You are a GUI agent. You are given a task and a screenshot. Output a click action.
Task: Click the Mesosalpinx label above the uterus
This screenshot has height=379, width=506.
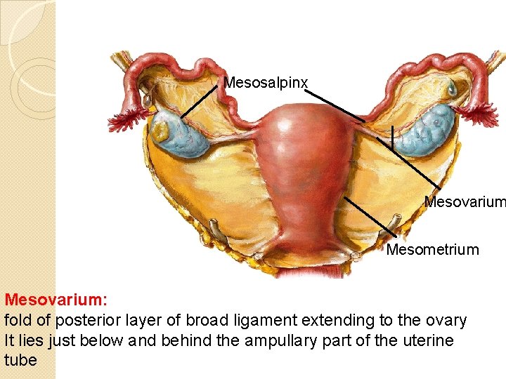pos(266,83)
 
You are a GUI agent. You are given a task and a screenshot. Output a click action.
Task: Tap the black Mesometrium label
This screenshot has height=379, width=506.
pos(432,249)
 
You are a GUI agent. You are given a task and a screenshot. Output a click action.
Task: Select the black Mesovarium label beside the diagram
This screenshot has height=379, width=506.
pos(464,202)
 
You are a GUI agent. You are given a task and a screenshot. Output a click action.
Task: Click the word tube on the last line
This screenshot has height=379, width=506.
pos(21,359)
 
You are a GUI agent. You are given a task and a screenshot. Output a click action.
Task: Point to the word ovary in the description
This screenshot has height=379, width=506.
pos(446,321)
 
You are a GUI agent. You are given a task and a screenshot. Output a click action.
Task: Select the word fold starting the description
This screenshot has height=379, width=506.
pos(18,321)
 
